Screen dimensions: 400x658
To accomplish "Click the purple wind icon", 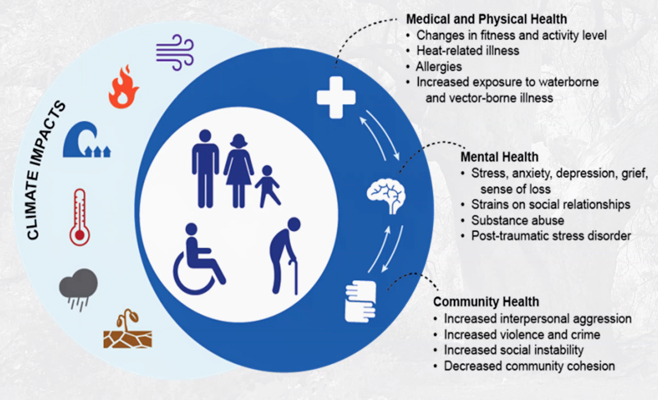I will tap(174, 52).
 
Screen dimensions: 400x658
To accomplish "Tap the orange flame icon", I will tap(124, 87).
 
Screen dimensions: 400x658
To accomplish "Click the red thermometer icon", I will tap(80, 217).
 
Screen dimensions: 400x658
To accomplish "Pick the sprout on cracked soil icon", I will tap(128, 332).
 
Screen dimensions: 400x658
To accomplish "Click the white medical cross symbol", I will tap(336, 97).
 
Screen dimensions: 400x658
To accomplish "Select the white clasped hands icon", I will tap(360, 301).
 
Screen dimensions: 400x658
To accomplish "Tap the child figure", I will tap(267, 186).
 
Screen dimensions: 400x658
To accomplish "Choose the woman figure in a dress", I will tap(238, 171).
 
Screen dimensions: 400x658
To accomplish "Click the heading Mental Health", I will tap(499, 156).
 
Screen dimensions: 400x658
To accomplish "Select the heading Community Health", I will tap(486, 302).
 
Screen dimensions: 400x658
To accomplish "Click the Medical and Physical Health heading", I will tap(486, 19).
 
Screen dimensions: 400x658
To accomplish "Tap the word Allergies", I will tap(439, 67).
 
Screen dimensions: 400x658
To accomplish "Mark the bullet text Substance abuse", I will tap(517, 220).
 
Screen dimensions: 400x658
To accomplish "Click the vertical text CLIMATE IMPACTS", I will tap(46, 171).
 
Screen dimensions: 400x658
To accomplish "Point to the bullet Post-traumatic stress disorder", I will tap(551, 236).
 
